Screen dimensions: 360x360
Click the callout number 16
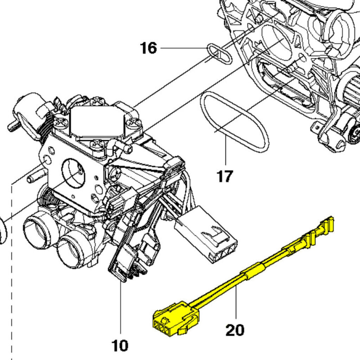point(148,48)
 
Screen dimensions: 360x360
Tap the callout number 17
point(225,176)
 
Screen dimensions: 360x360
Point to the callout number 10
point(120,346)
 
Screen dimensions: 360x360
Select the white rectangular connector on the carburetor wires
point(206,234)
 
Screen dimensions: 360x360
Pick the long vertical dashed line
point(12,281)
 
